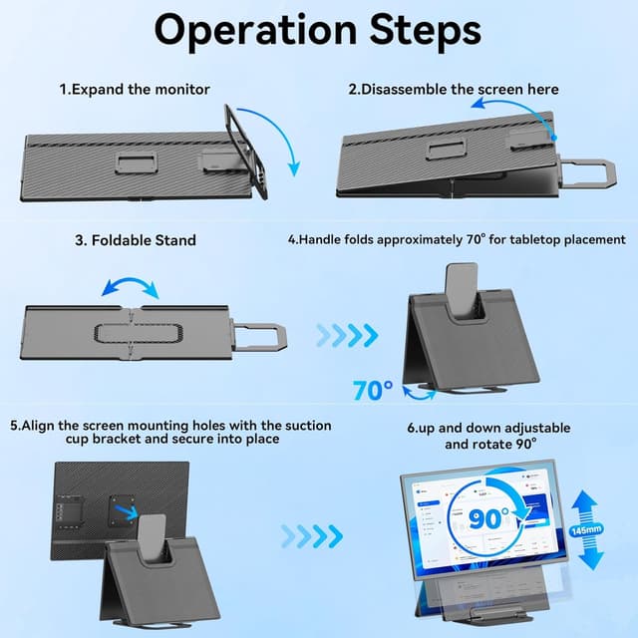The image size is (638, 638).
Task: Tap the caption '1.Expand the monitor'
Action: click(135, 90)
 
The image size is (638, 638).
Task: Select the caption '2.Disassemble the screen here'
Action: click(454, 90)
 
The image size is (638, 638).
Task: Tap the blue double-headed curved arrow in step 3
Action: click(131, 288)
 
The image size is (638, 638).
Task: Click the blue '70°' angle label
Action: click(374, 389)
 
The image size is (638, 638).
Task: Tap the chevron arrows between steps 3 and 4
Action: click(348, 331)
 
